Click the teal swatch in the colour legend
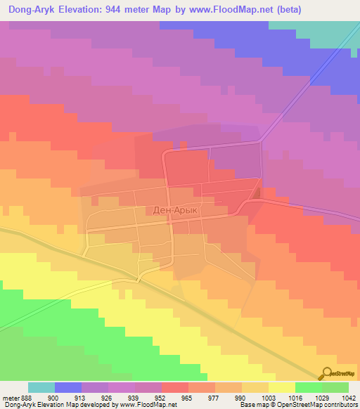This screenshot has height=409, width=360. [41, 387]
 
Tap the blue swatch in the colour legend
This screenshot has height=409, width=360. [68, 387]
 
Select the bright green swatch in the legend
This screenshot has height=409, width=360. [309, 387]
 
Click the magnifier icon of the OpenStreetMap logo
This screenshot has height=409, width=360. [327, 372]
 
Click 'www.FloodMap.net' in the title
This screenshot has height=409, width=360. [228, 9]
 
